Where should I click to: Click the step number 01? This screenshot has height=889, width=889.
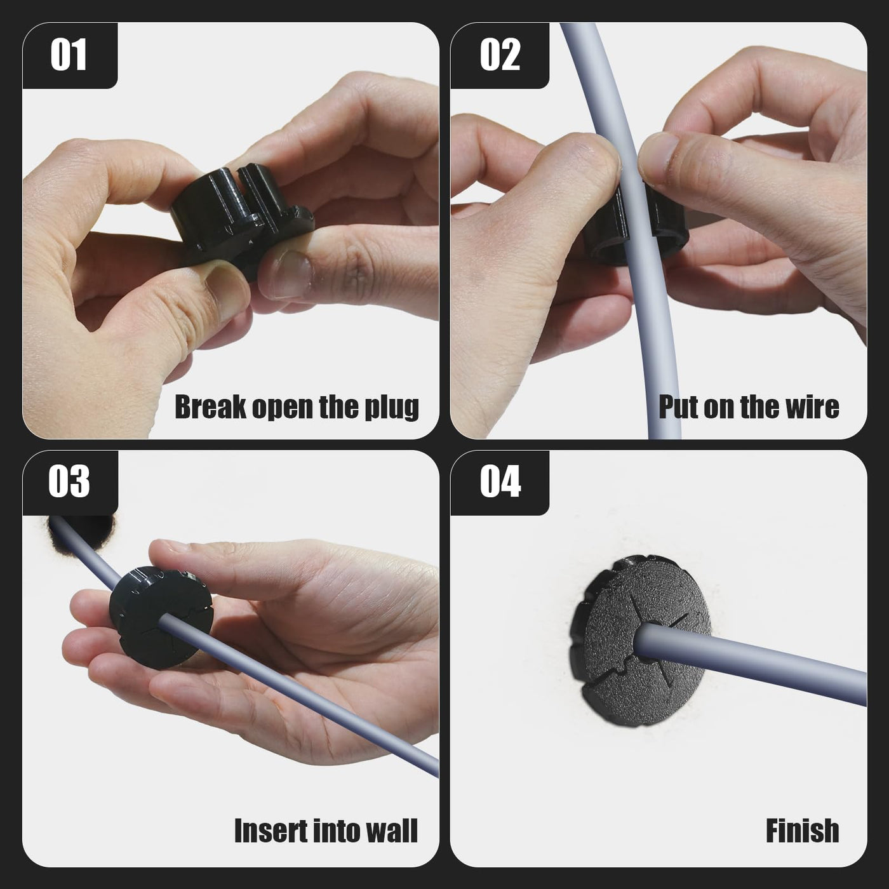tap(69, 55)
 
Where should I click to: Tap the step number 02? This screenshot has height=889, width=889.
tap(500, 55)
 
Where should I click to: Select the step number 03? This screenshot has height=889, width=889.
tap(69, 481)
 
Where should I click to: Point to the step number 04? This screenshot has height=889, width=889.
tap(500, 481)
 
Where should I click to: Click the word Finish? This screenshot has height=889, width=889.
tap(802, 831)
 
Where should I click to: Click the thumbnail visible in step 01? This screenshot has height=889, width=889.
tap(286, 275)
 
